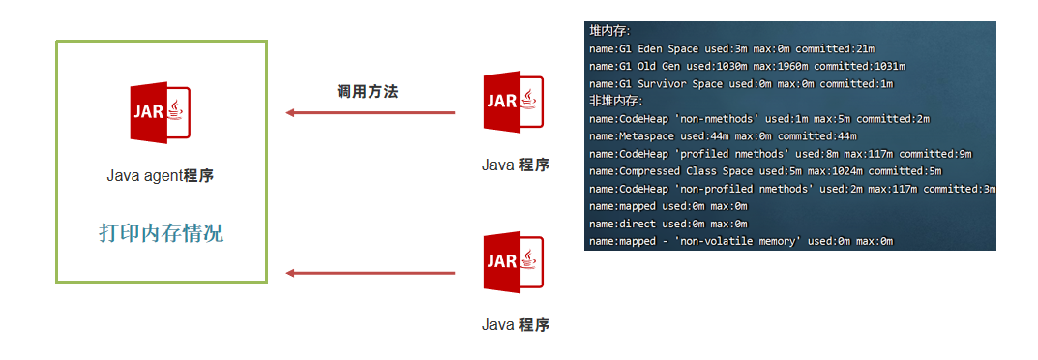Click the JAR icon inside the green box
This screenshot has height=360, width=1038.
click(161, 114)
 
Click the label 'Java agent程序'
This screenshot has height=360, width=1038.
click(161, 176)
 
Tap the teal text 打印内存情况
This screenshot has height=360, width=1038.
click(162, 233)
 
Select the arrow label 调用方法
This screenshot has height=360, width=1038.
click(367, 92)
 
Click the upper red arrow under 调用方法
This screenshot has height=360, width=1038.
click(371, 113)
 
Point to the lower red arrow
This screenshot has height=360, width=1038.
click(371, 273)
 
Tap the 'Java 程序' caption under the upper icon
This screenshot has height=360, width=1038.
click(516, 165)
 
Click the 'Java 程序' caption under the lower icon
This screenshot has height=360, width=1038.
click(516, 324)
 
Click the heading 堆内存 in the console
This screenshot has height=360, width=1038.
click(609, 31)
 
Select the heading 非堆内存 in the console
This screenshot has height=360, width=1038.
click(615, 101)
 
